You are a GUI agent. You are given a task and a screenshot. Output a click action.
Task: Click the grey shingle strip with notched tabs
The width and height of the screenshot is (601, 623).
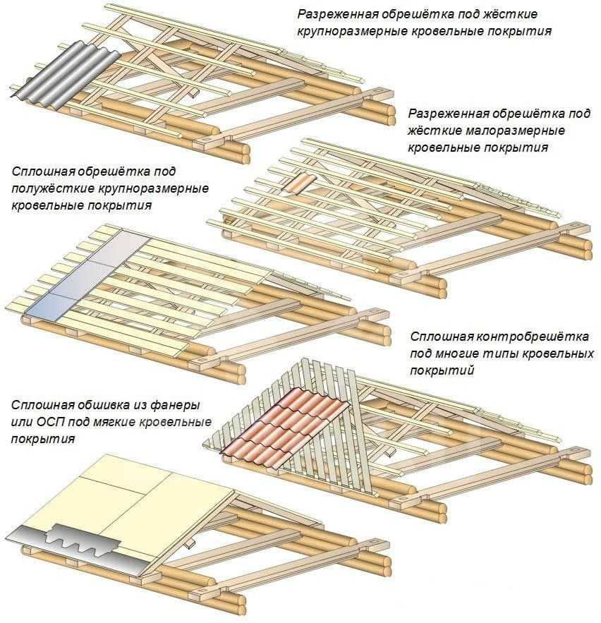78,543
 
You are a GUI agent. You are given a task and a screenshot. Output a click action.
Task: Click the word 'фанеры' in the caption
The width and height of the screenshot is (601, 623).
174,406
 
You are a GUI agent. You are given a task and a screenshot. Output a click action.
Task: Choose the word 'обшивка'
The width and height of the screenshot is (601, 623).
99,406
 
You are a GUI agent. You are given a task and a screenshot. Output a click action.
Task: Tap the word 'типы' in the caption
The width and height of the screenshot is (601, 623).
502,353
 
